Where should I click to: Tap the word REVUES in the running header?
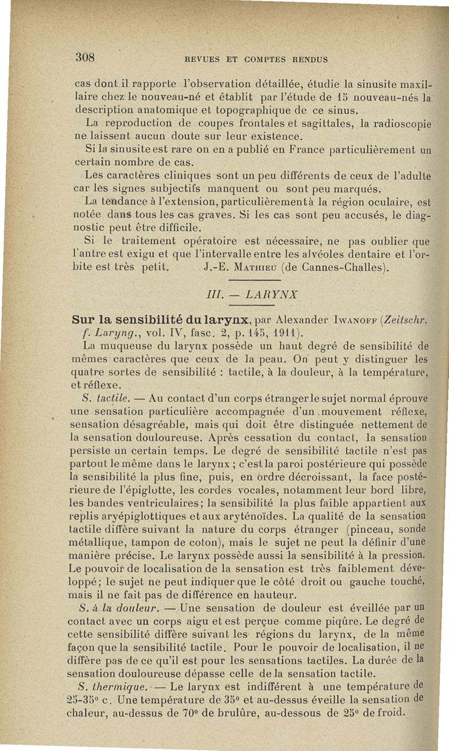pyautogui.click(x=199, y=58)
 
